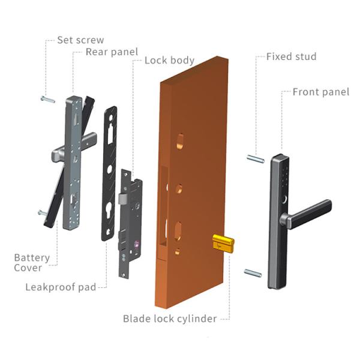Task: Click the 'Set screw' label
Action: [80, 40]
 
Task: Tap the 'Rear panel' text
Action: [112, 52]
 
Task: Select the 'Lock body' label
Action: [169, 60]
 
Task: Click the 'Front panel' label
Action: [320, 92]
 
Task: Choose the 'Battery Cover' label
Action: [32, 263]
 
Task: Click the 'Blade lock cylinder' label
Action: [170, 319]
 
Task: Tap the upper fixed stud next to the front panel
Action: [256, 158]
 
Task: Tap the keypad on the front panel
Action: [282, 177]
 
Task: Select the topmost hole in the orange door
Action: [181, 143]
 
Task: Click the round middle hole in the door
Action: [179, 189]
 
